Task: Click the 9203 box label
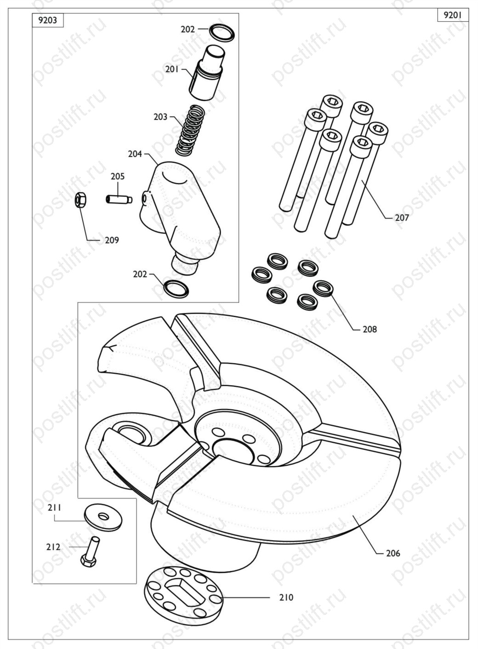click(48, 21)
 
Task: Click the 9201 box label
click(453, 15)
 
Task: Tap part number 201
click(172, 70)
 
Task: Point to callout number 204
click(135, 154)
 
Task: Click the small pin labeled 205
click(119, 200)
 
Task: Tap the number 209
click(112, 240)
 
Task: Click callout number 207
click(402, 218)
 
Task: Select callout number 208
click(370, 330)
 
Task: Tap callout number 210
click(286, 597)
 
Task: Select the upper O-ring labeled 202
click(222, 33)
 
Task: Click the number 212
click(53, 547)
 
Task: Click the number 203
click(160, 117)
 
